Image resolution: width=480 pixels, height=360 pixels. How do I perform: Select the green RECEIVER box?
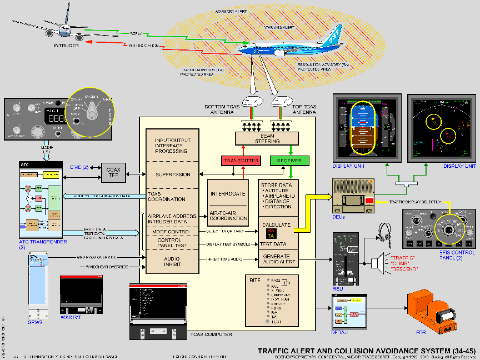(x=289, y=161)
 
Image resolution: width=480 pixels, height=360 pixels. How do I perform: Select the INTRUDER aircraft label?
(x=66, y=46)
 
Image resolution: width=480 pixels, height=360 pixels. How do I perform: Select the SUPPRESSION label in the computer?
(x=172, y=174)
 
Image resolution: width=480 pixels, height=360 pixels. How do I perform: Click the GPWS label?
(x=35, y=320)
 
